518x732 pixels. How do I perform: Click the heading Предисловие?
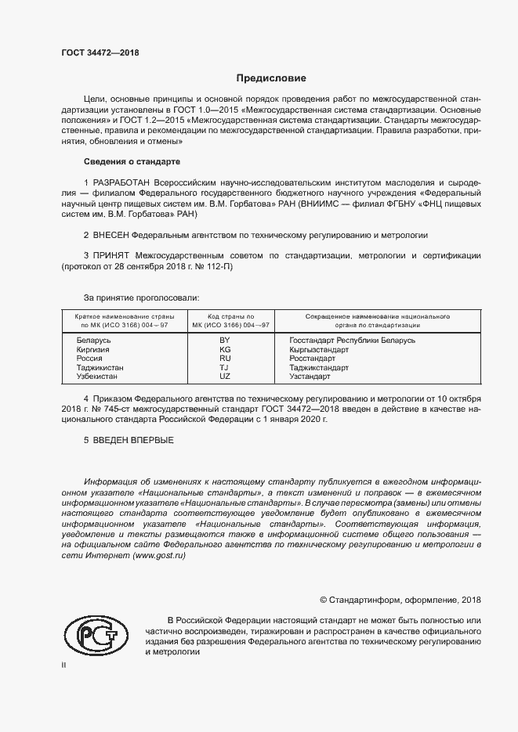271,78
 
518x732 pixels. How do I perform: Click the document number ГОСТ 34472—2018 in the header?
100,52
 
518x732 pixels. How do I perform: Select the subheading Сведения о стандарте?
132,161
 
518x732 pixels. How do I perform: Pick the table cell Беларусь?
93,341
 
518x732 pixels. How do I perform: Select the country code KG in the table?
225,349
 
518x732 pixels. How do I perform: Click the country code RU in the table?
225,359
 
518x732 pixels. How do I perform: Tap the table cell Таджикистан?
100,367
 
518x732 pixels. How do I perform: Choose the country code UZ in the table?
225,377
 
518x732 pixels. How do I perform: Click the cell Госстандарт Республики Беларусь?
352,341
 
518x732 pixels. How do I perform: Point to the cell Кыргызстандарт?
318,349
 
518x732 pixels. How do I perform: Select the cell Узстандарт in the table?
310,377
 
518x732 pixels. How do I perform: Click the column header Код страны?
225,316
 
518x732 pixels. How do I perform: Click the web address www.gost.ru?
161,554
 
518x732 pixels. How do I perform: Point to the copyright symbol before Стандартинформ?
324,600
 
